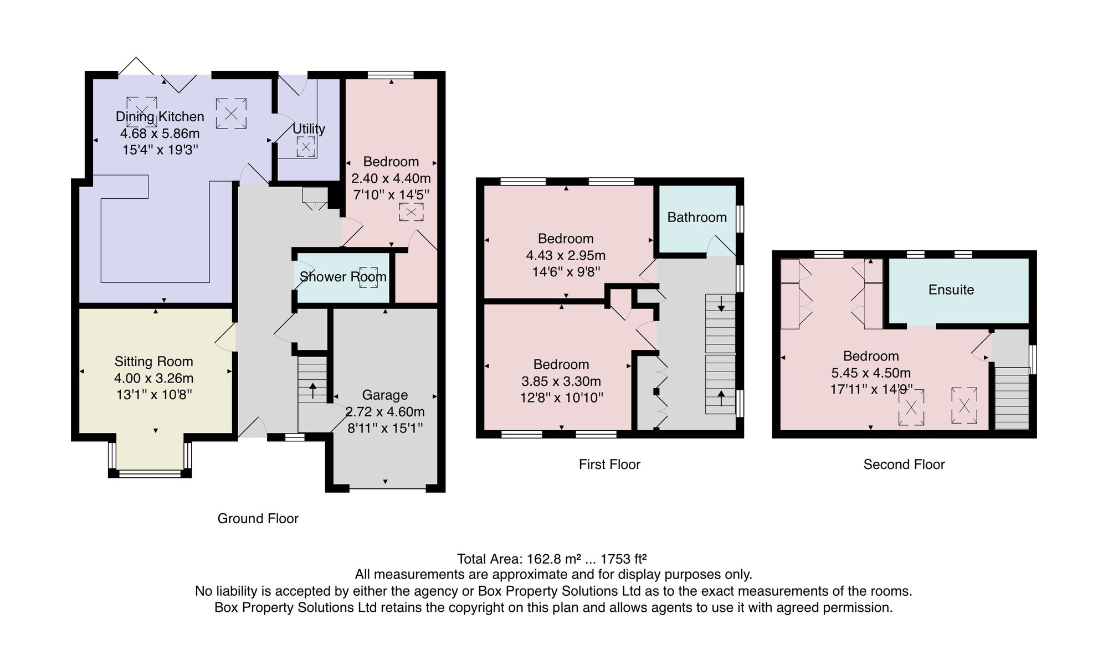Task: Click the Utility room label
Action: [309, 129]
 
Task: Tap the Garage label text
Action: [385, 395]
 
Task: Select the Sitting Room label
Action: [154, 362]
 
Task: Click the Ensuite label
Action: [951, 290]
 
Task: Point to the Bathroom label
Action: [697, 218]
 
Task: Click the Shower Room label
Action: [343, 277]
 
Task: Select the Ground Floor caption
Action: [258, 519]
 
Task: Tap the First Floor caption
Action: [609, 465]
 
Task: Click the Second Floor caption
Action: [904, 465]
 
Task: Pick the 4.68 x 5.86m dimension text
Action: [160, 133]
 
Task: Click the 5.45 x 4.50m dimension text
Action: [871, 373]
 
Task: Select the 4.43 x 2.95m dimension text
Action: [566, 255]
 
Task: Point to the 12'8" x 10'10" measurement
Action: [561, 398]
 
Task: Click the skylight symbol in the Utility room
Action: [305, 147]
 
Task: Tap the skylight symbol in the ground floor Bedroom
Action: [411, 212]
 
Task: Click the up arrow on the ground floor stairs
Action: [313, 390]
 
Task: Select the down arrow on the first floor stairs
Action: [721, 303]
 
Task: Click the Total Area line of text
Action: [552, 559]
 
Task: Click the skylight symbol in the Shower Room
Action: [368, 277]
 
